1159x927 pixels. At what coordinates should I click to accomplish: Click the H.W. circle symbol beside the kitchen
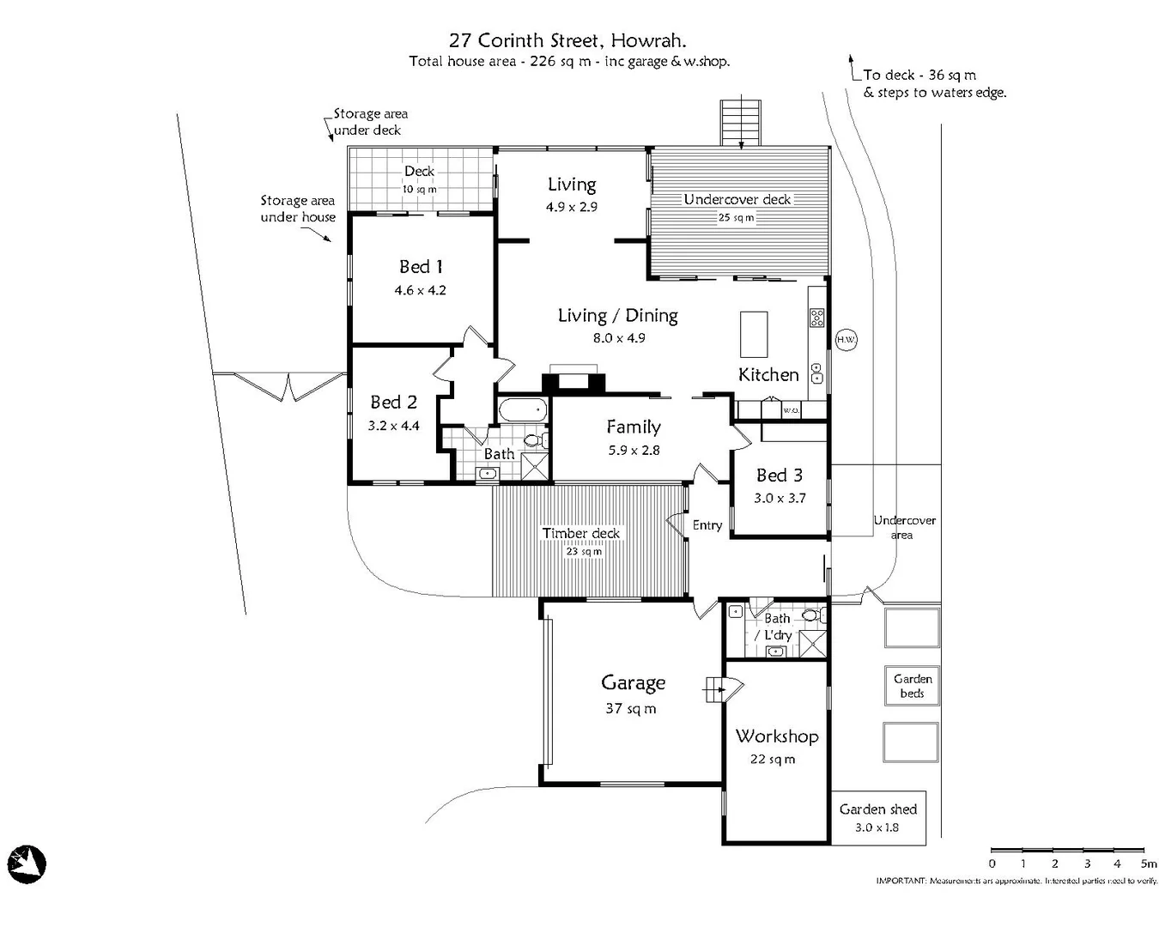click(x=846, y=340)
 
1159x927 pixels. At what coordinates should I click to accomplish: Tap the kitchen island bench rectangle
click(x=754, y=335)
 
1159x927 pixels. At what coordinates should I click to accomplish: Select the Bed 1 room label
click(x=421, y=267)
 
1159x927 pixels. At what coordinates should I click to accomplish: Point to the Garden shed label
click(x=877, y=809)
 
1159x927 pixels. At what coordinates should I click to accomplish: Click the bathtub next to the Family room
click(x=522, y=409)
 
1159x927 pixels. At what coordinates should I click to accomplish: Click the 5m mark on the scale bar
click(x=1148, y=863)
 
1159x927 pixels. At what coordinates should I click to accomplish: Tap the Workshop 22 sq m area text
click(x=772, y=759)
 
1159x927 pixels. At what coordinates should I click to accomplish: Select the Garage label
click(x=633, y=683)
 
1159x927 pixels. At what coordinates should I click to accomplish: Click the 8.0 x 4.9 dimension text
click(x=618, y=338)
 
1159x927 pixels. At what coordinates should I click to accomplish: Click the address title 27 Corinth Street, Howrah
click(x=567, y=39)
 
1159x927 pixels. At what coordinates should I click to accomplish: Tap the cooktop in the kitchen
click(x=816, y=318)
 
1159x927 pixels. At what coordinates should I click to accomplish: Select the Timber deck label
click(x=580, y=533)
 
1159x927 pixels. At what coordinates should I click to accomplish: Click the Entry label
click(x=707, y=525)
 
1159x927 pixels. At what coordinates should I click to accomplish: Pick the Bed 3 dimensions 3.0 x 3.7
click(x=780, y=498)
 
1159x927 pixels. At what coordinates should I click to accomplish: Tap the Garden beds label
click(x=912, y=686)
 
